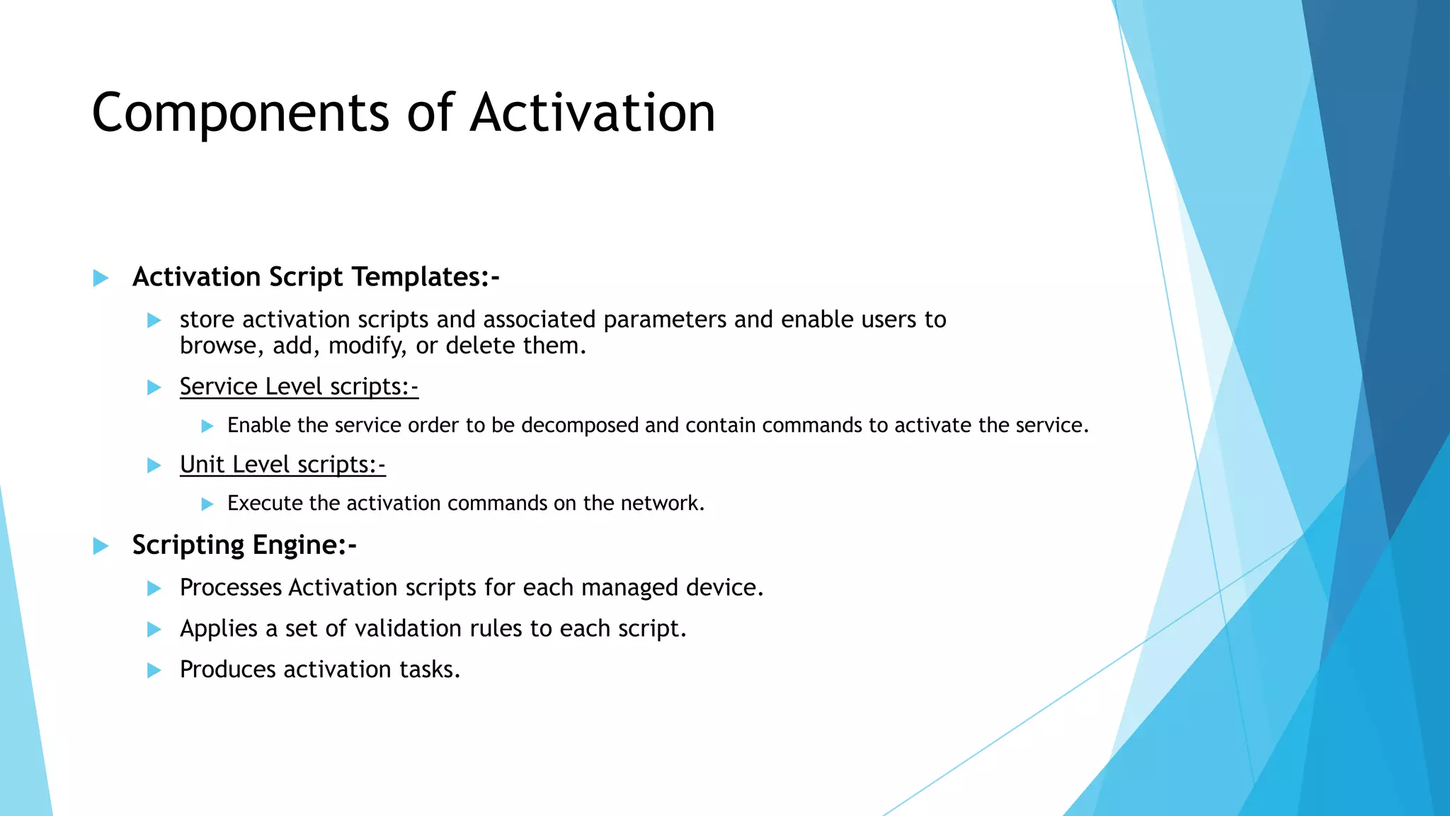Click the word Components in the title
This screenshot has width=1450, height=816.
click(x=241, y=113)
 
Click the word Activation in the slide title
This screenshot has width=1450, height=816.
click(x=593, y=113)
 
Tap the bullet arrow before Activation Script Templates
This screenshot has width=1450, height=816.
click(x=101, y=278)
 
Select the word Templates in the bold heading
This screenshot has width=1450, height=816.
click(x=425, y=277)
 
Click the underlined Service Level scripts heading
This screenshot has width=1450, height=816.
click(x=299, y=387)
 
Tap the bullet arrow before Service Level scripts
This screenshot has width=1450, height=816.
click(x=154, y=387)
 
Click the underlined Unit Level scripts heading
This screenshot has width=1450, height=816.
click(x=282, y=465)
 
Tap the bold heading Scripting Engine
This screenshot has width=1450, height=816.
click(x=244, y=545)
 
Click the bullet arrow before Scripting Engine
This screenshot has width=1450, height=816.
click(x=101, y=546)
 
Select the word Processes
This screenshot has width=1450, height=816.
click(x=230, y=588)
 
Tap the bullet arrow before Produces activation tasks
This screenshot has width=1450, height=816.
click(x=154, y=670)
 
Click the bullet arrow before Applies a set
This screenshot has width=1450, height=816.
click(x=154, y=629)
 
